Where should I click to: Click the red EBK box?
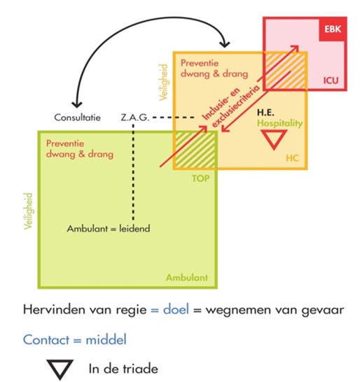[333, 29]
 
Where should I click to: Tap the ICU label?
[331, 80]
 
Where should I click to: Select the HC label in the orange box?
[292, 158]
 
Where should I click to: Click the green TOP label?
[200, 178]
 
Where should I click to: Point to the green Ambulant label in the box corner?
[187, 278]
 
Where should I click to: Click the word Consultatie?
[77, 118]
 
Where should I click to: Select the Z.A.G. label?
[134, 118]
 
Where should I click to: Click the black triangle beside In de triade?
[60, 369]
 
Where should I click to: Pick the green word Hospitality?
[279, 123]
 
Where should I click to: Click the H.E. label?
[265, 113]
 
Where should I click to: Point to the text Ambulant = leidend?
[109, 229]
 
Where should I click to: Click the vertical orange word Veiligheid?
[163, 82]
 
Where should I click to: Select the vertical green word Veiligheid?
[28, 211]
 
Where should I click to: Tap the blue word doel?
[176, 310]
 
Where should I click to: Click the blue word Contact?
[46, 340]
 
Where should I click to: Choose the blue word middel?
[106, 339]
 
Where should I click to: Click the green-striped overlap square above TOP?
[195, 150]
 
